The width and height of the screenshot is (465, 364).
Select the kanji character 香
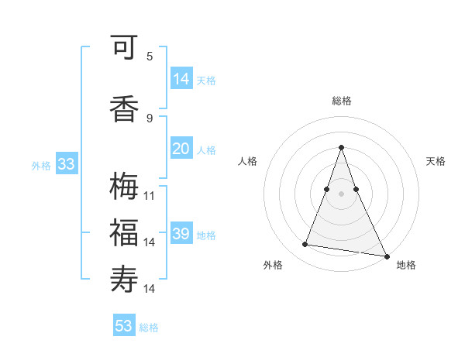pyautogui.click(x=124, y=108)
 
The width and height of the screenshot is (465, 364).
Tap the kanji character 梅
pyautogui.click(x=124, y=187)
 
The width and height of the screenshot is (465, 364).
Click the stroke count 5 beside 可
pyautogui.click(x=150, y=56)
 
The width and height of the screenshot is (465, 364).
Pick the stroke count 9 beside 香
pyautogui.click(x=150, y=118)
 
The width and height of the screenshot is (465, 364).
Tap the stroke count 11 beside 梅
pyautogui.click(x=150, y=195)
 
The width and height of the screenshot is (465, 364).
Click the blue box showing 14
pyautogui.click(x=181, y=79)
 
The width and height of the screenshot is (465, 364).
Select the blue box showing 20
pyautogui.click(x=181, y=149)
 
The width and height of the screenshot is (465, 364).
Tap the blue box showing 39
pyautogui.click(x=181, y=234)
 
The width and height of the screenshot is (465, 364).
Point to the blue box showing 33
pyautogui.click(x=66, y=164)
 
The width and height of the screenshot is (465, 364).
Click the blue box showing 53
pyautogui.click(x=124, y=326)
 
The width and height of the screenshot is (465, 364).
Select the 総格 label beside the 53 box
pyautogui.click(x=149, y=328)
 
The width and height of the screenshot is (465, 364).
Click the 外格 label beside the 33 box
pyautogui.click(x=41, y=165)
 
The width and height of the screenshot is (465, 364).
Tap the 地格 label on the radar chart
pyautogui.click(x=406, y=265)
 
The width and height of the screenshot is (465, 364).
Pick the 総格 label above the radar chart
pyautogui.click(x=342, y=101)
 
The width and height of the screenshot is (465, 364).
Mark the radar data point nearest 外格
pyautogui.click(x=305, y=245)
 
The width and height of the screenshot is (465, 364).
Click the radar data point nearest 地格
pyautogui.click(x=386, y=255)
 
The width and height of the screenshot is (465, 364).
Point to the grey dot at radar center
pyautogui.click(x=342, y=194)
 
